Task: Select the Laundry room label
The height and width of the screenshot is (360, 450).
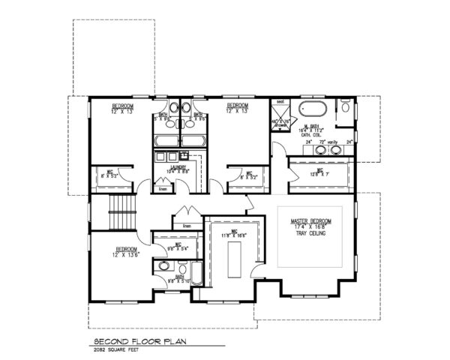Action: click(178, 167)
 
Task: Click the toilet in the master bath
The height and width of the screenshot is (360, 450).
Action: click(344, 109)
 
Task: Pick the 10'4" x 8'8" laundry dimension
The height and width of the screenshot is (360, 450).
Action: click(178, 172)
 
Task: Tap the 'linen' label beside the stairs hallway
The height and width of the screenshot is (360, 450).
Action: click(187, 226)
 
